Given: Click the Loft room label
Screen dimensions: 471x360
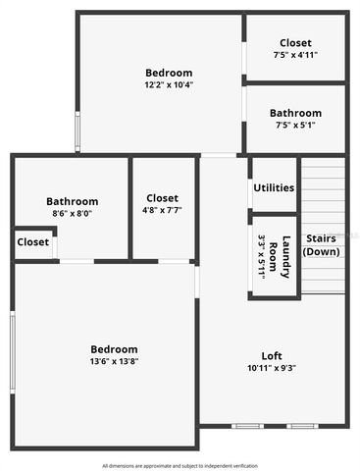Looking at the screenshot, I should pos(272,355).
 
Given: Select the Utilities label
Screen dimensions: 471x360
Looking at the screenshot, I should pos(274,187).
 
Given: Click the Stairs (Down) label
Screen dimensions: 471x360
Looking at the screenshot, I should pos(321,244).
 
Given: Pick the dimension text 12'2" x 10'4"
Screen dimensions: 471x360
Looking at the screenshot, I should pos(169,84).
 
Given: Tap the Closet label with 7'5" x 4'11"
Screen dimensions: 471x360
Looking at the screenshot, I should pos(294,43).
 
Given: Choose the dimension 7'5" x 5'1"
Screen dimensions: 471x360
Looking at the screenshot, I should pos(294,125).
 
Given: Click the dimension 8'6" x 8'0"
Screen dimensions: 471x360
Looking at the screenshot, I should pos(72,212).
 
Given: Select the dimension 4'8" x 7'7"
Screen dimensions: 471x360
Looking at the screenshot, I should pos(162,209).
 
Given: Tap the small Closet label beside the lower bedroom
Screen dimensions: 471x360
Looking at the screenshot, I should pos(32,242).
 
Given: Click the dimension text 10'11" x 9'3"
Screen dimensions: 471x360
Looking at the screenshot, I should pos(272,368).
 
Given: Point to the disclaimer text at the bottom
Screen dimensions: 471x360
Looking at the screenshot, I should pos(180,464).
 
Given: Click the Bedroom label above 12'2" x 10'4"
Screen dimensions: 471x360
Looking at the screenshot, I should pos(169,73).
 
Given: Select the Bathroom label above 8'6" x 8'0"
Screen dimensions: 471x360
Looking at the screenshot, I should pos(72,200).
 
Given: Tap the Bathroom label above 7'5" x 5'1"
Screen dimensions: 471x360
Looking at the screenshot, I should pos(294,113).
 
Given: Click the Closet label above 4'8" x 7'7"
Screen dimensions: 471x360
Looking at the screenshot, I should pos(162,197).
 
